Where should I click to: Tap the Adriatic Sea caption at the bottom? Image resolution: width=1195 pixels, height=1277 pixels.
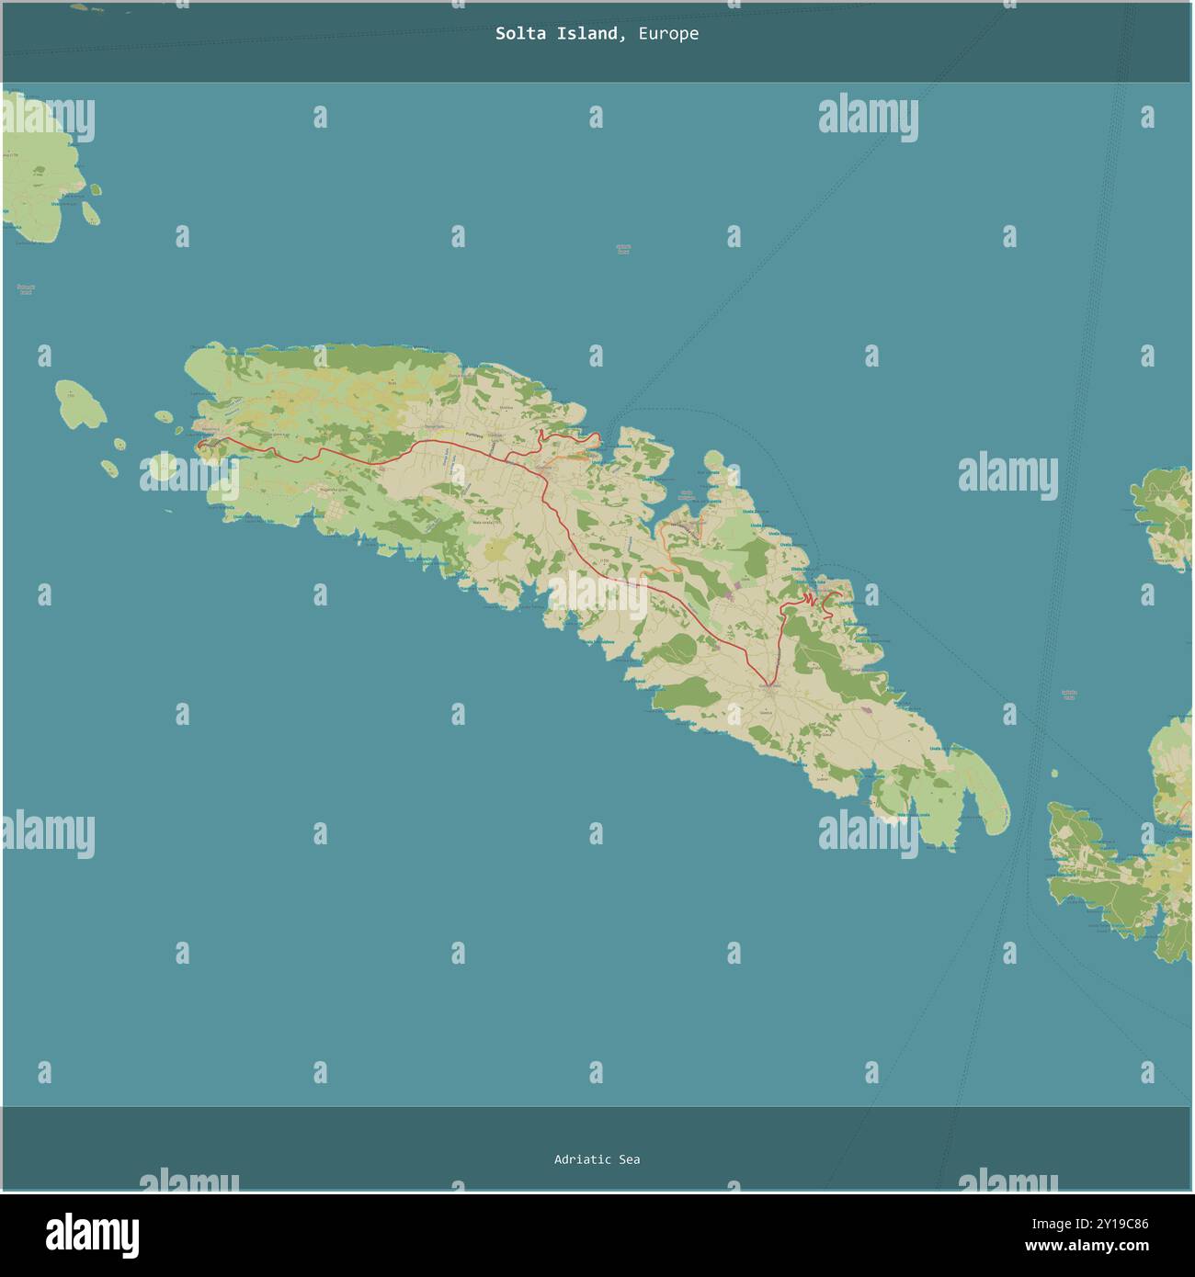point(597,1159)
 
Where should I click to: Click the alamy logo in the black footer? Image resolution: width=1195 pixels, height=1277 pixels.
point(92,1235)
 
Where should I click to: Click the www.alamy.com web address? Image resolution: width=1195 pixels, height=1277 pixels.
point(1087,1247)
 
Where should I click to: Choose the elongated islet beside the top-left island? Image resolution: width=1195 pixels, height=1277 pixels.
point(91,212)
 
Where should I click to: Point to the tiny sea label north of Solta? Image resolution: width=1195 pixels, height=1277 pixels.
point(623,249)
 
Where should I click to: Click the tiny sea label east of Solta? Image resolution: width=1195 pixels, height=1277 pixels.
point(1068,695)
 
